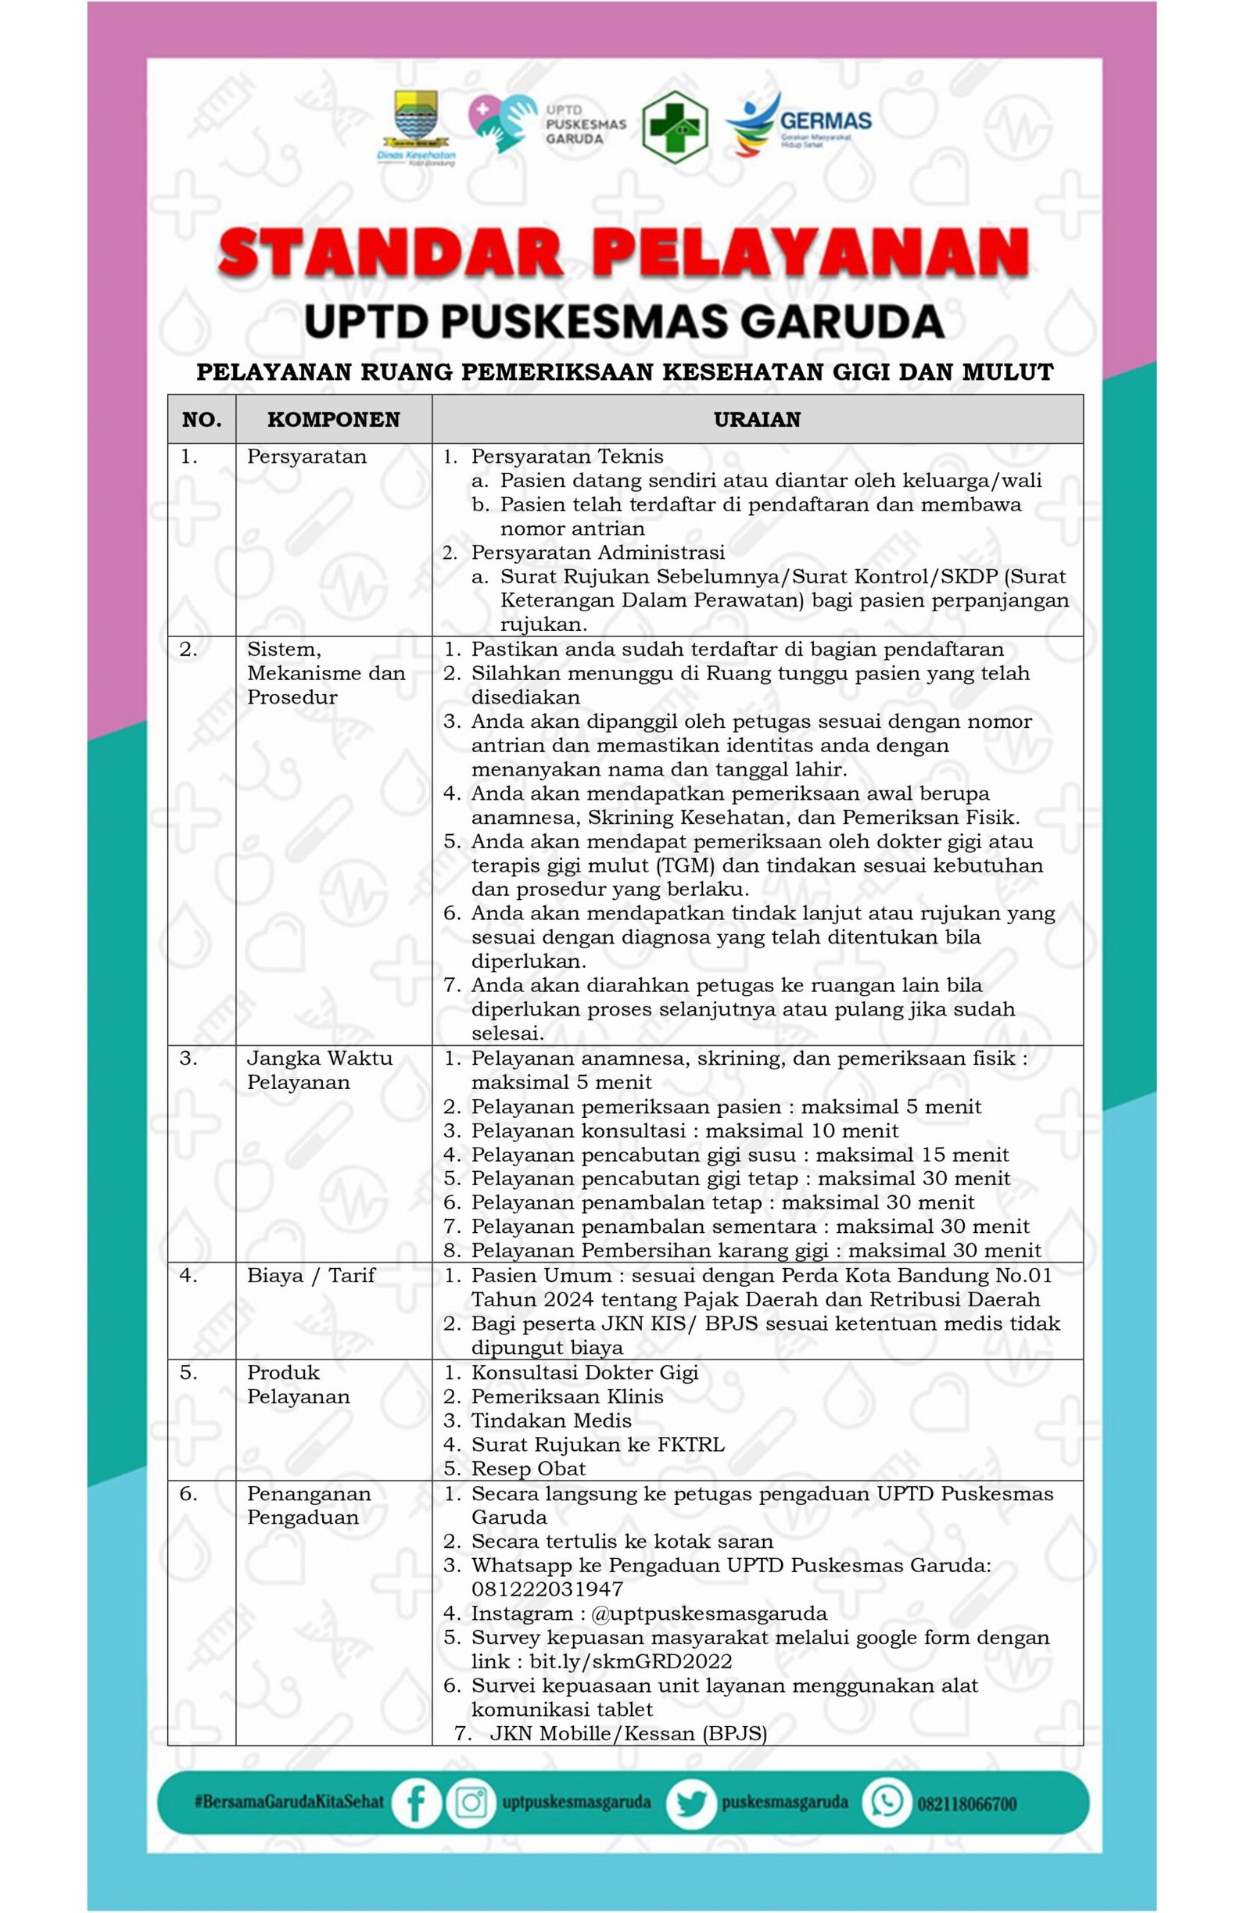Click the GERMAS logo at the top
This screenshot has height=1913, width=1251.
point(798,125)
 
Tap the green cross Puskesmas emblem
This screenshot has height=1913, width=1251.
point(674,127)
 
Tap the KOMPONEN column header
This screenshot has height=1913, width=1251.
point(333,420)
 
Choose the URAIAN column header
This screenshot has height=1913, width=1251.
point(757,420)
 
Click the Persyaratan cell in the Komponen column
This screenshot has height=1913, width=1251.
point(306,457)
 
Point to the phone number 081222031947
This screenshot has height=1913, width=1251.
point(547,1589)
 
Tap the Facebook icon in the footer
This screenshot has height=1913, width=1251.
point(416,1803)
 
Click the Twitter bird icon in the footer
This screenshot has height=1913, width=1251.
point(690,1803)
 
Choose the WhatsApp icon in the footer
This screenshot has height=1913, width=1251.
point(887,1803)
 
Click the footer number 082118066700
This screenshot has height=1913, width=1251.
point(967,1804)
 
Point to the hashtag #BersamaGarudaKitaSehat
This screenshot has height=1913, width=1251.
point(289,1803)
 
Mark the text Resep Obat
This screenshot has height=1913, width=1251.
point(529,1468)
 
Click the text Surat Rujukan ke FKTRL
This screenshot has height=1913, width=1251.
point(597,1445)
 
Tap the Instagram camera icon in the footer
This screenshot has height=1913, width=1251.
point(471,1803)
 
